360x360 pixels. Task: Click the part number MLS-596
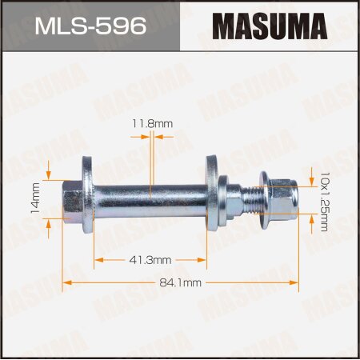click(x=90, y=26)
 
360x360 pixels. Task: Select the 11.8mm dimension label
click(x=149, y=123)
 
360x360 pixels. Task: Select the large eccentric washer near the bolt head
click(x=87, y=192)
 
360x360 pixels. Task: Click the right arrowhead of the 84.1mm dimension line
click(x=295, y=282)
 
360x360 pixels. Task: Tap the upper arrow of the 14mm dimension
click(x=50, y=172)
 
